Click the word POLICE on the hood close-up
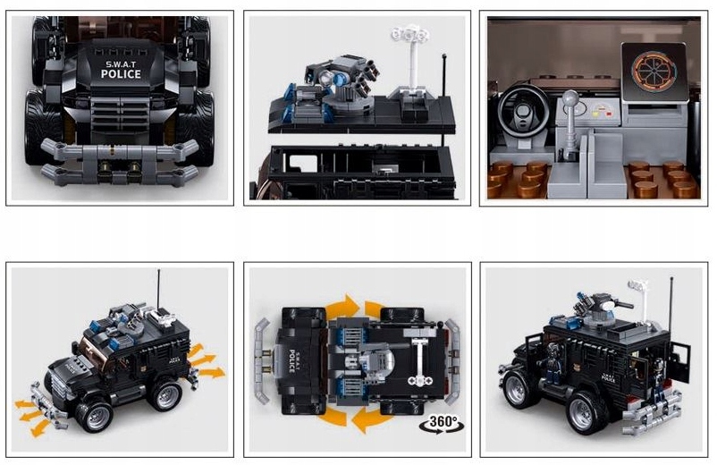click(121, 74)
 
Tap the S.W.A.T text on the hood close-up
click(121, 64)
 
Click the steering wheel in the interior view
click(524, 112)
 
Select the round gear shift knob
click(570, 99)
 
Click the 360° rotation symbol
click(442, 423)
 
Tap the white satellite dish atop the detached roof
click(410, 35)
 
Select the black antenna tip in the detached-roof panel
click(444, 56)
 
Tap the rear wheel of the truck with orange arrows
click(164, 394)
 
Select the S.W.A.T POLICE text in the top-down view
click(291, 361)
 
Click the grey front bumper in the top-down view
click(262, 361)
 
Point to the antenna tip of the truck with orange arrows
click(158, 271)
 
